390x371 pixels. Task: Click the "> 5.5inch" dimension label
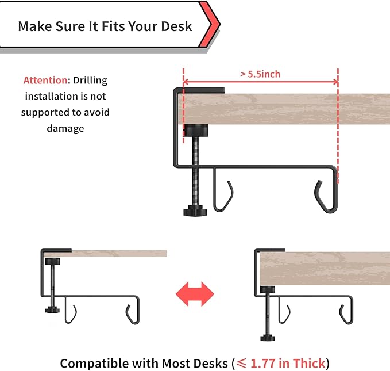[260, 74]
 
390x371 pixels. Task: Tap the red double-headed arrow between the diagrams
[194, 293]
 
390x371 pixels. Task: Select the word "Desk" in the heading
[178, 26]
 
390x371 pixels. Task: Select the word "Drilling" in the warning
[90, 81]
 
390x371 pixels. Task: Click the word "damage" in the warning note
[65, 128]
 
